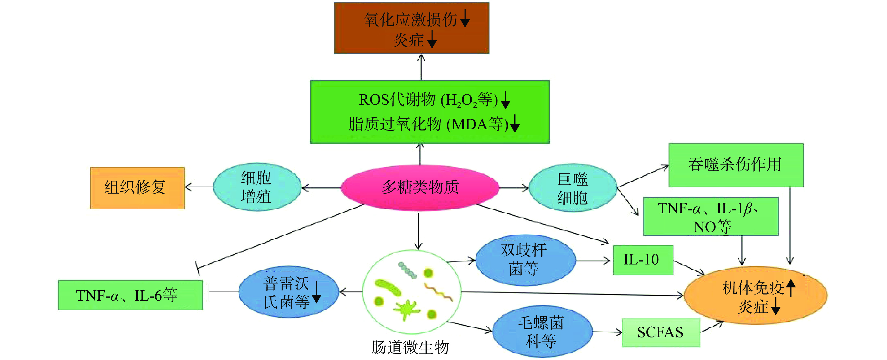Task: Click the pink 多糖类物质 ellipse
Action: click(x=420, y=188)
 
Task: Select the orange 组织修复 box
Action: click(x=137, y=188)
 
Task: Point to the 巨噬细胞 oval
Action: click(x=572, y=188)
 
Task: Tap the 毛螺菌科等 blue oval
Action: click(x=542, y=331)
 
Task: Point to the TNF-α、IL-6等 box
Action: click(x=130, y=295)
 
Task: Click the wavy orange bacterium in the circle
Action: click(x=438, y=292)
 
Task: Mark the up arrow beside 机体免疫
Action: click(x=791, y=287)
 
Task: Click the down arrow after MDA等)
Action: click(x=515, y=124)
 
